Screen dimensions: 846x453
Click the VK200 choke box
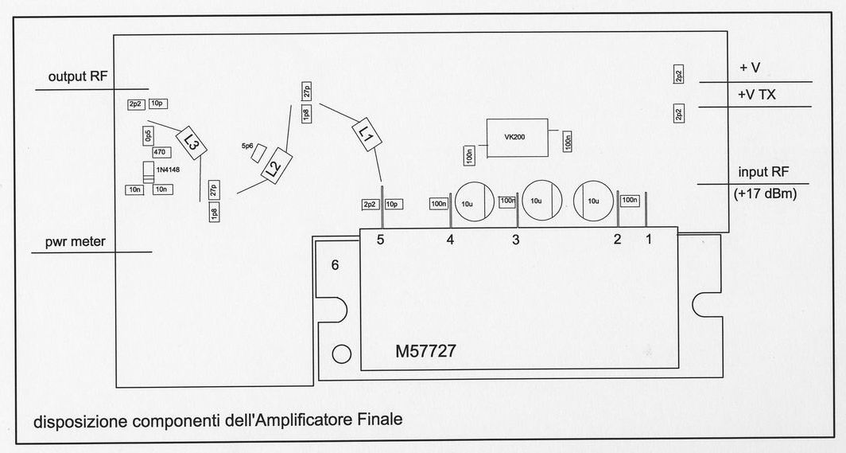(x=517, y=137)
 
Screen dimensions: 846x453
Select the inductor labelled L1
(x=367, y=134)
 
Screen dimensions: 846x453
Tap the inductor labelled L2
(x=276, y=166)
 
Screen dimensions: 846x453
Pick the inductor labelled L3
(x=192, y=143)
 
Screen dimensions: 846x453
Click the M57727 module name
(x=425, y=352)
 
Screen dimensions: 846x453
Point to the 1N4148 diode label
(x=168, y=170)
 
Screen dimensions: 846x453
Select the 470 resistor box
(x=160, y=152)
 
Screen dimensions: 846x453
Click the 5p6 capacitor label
(x=247, y=146)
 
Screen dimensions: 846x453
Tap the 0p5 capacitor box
(x=149, y=137)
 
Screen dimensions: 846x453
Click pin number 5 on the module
(x=380, y=240)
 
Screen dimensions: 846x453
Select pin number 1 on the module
(x=649, y=239)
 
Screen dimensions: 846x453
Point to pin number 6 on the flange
(x=335, y=265)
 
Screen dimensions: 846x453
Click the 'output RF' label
(x=78, y=76)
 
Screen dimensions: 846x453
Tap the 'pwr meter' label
(x=75, y=242)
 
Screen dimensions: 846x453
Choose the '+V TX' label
(x=756, y=95)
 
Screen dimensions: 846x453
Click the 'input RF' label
(x=763, y=172)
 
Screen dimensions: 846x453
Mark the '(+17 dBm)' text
(x=765, y=193)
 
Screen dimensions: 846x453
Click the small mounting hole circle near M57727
(x=342, y=354)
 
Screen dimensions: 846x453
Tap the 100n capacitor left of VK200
(x=469, y=155)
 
